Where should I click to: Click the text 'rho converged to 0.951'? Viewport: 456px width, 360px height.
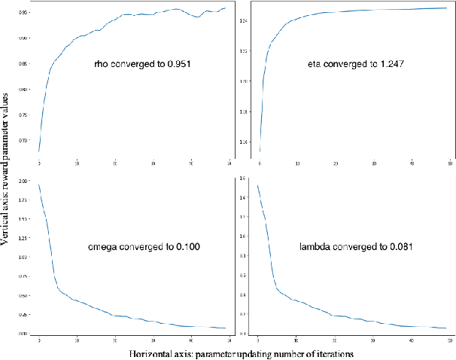click(141, 65)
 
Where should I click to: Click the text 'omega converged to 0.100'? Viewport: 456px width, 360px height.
click(143, 246)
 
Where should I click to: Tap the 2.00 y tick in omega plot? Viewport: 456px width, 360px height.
click(26, 182)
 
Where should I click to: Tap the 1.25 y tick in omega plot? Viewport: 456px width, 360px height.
click(26, 238)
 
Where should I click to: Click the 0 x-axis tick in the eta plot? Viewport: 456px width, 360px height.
click(260, 162)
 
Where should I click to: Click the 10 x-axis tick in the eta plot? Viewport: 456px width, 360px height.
click(298, 162)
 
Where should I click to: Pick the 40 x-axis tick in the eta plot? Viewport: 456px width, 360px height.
click(412, 162)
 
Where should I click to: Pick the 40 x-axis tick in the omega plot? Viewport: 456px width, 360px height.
click(191, 340)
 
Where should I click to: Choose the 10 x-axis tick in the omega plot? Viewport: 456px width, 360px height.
click(77, 340)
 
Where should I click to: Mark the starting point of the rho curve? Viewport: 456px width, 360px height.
click(38, 151)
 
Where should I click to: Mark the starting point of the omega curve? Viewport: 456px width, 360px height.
click(38, 185)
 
